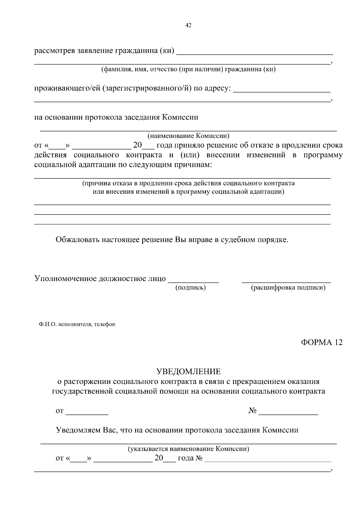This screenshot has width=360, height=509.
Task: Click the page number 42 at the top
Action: [188, 25]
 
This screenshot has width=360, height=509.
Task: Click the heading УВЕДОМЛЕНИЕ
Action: [188, 372]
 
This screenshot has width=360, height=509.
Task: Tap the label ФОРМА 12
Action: [322, 342]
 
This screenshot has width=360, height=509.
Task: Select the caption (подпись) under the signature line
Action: [190, 288]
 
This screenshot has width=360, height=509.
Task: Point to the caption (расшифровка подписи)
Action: [288, 288]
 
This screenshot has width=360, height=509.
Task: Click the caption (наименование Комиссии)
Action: [188, 136]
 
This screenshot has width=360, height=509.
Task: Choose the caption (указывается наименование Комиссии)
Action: [188, 449]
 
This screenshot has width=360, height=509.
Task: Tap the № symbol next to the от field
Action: [252, 411]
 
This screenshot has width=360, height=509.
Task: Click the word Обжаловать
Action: [78, 240]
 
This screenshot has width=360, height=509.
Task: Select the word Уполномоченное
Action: [65, 279]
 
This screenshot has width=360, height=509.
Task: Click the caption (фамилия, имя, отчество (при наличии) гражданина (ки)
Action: [188, 70]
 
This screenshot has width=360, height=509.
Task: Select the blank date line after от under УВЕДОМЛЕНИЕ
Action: [87, 414]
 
